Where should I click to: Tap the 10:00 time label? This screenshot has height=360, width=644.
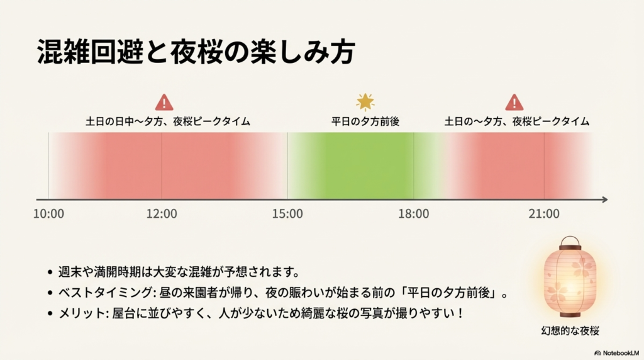(x=48, y=214)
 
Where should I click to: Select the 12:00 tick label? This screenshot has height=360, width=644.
(x=162, y=214)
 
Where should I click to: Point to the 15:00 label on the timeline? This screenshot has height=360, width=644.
(x=287, y=214)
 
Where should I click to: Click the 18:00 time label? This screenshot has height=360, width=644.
(x=414, y=214)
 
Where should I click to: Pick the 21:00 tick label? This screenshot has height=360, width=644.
(x=544, y=214)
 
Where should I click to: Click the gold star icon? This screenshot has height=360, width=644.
(x=365, y=101)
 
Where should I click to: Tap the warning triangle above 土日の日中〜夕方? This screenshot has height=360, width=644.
(x=164, y=102)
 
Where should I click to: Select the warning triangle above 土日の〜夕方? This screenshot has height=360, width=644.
(x=514, y=102)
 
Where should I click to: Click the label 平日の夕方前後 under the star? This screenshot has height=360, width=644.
(x=365, y=121)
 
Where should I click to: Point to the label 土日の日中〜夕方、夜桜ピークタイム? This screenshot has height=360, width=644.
(x=168, y=121)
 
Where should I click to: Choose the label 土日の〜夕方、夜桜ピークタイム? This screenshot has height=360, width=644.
(x=517, y=121)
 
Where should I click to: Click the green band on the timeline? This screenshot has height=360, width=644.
(x=351, y=165)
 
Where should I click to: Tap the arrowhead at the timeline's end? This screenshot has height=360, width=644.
(x=604, y=200)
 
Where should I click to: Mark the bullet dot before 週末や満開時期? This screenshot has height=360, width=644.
(x=50, y=274)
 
